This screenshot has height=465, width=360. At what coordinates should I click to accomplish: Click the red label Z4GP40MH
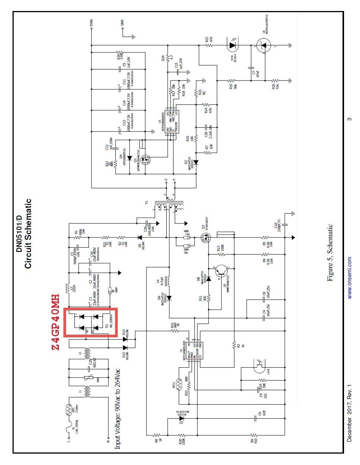click(x=55, y=322)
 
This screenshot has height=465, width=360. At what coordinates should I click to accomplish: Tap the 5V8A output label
click(x=92, y=25)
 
